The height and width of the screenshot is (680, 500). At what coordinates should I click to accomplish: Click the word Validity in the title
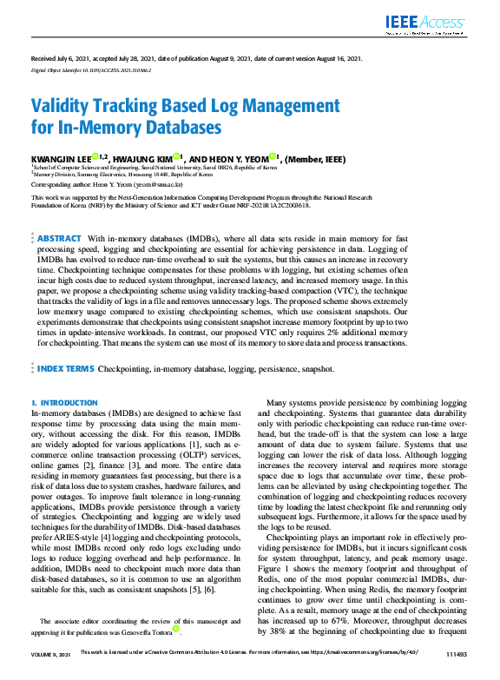coord(64,106)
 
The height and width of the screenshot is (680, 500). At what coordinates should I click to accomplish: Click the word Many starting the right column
coord(279,403)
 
